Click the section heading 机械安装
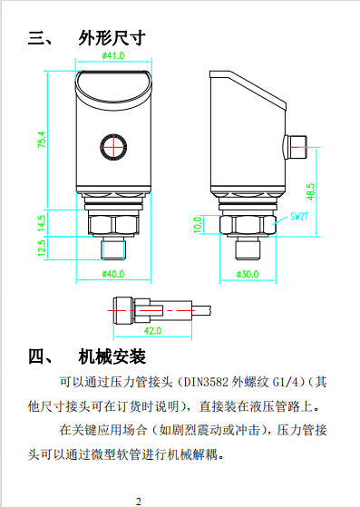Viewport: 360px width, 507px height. (x=112, y=355)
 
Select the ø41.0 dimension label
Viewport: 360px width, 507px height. (x=112, y=56)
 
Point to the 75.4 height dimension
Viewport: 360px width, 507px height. (x=41, y=141)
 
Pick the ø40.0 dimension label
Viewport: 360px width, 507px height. (x=112, y=273)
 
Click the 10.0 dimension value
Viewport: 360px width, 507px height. (x=199, y=223)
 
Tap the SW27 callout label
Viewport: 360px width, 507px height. (x=299, y=218)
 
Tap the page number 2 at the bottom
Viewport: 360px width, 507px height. (x=139, y=501)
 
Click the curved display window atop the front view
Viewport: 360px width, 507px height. (x=112, y=83)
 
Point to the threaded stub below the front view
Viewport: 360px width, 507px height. (x=112, y=249)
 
